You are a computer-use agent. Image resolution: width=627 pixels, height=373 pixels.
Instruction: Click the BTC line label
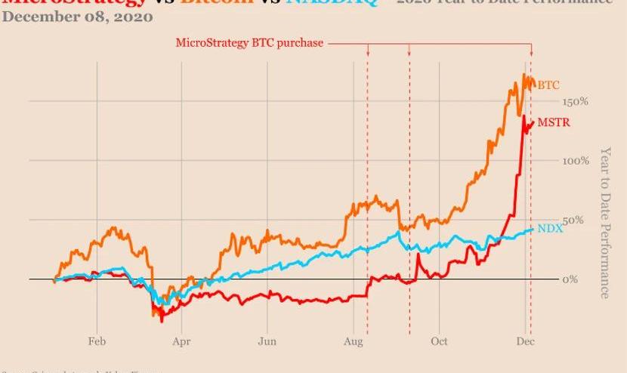point(548,86)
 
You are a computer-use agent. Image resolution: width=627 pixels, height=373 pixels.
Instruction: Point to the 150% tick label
point(576,102)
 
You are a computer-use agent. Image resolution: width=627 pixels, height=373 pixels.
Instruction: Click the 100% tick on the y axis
point(576,161)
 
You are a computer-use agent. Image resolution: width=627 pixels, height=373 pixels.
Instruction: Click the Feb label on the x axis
point(97,341)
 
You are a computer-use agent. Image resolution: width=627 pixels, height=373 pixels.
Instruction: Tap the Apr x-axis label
point(181,341)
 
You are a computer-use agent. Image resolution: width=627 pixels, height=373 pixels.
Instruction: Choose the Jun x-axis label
point(266,341)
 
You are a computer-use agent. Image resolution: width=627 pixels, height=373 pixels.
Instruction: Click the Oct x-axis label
point(439,341)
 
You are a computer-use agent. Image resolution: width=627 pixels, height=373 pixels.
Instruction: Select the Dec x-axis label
point(525,341)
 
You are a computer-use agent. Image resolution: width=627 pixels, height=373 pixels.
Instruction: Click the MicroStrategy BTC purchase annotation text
point(249,43)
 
